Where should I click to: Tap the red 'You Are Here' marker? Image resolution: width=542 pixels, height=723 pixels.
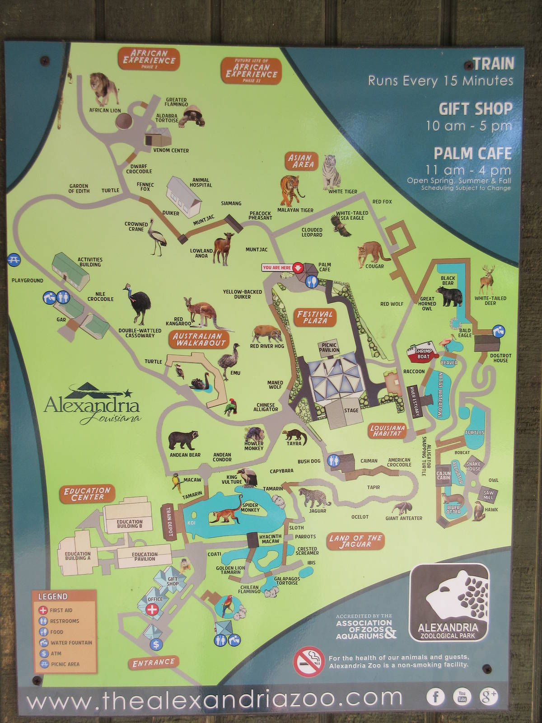click(x=297, y=268)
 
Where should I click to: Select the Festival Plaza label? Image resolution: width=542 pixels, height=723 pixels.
click(x=315, y=317)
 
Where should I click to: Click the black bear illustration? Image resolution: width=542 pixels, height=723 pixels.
click(x=449, y=295)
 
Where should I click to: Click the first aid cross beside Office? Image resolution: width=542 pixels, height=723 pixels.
click(x=152, y=610)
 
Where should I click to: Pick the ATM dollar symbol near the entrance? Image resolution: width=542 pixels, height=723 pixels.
click(x=156, y=644)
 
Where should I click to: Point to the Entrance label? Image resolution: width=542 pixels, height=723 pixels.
click(x=153, y=662)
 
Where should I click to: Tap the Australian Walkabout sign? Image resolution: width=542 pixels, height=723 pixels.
click(x=198, y=339)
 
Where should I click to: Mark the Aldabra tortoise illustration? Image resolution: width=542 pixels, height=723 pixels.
click(x=191, y=116)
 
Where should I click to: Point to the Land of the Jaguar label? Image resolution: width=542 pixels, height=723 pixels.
click(x=355, y=541)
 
